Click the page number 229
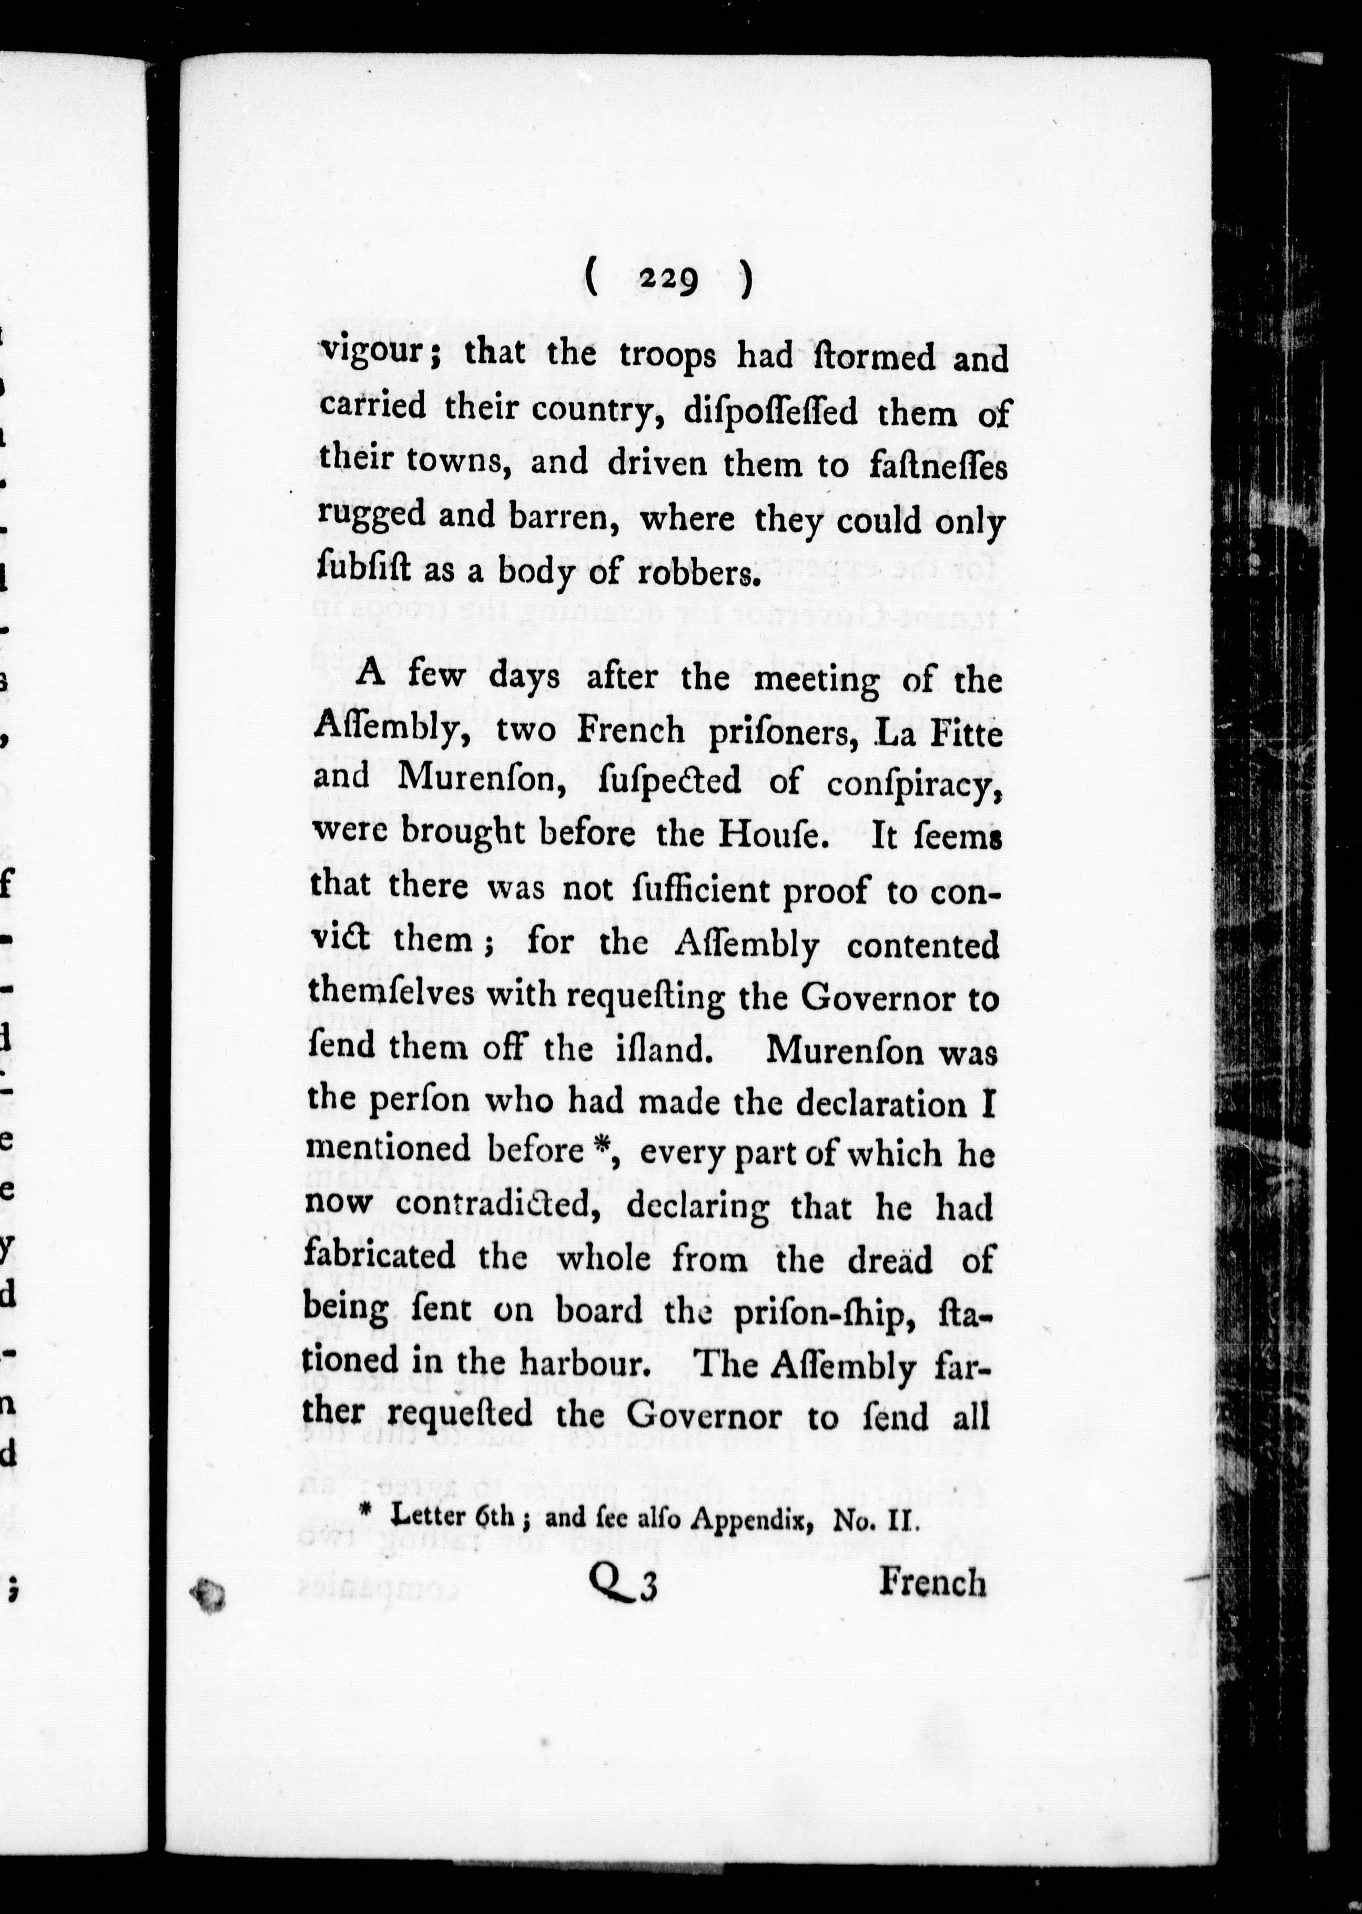668,279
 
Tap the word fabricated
380,1255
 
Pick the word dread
890,1260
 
